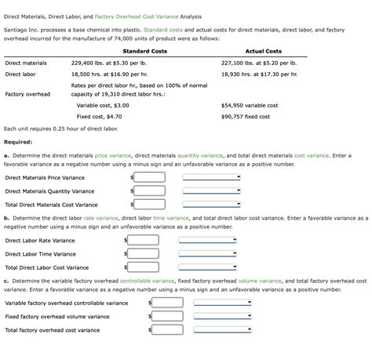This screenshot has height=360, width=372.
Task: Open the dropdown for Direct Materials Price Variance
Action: tap(217, 177)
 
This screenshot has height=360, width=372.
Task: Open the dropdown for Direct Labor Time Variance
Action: tap(213, 253)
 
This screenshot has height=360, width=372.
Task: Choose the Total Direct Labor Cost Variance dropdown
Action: tap(213, 267)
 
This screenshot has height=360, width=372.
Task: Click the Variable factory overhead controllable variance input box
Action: tap(167, 303)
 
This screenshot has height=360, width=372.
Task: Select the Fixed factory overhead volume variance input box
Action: tap(167, 316)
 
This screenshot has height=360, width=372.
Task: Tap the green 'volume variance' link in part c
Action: tap(253, 280)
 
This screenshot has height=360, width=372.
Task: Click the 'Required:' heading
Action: tap(18, 142)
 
